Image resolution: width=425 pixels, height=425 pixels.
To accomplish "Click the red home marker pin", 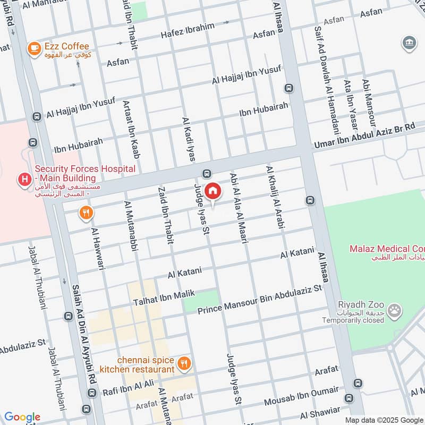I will coord(212,191).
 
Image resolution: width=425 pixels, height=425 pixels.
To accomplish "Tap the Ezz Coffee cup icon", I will coord(35,48).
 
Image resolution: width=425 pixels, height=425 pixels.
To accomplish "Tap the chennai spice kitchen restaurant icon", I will coord(184,364).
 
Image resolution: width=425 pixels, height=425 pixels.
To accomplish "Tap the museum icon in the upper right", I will coord(410,42).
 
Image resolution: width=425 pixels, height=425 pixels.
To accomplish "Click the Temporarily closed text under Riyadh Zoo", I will coord(353,320).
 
